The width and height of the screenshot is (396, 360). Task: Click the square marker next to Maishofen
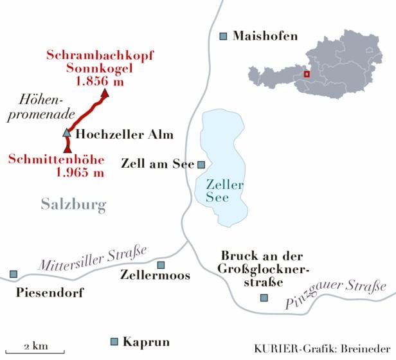point(223,36)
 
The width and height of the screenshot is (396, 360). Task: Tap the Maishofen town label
point(265,36)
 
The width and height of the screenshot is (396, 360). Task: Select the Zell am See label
point(157,164)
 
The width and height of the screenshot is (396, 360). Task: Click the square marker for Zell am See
point(201,165)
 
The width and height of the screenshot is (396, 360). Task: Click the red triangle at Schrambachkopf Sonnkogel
point(105,93)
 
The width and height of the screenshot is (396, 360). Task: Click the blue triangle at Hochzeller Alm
point(66,133)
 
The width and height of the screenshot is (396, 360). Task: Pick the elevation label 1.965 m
point(80,172)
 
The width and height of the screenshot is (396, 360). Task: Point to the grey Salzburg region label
point(73,205)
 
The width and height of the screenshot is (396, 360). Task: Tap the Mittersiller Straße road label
point(93,256)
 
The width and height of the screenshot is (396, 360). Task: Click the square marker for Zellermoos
point(161,265)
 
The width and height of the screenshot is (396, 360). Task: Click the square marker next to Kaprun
point(114,341)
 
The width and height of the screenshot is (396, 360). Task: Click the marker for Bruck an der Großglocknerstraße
point(264,297)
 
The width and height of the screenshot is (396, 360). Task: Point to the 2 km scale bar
point(37,351)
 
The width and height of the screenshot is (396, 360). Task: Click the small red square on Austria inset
point(307,74)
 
